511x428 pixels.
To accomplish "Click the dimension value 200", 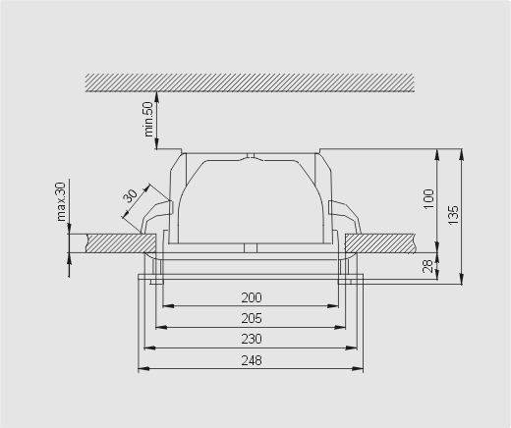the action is [252, 297].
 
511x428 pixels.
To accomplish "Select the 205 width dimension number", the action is [252, 318].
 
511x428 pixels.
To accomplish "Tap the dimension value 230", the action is [252, 339].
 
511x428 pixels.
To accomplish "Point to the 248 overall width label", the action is [252, 360].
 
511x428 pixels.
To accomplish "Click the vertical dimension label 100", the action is [428, 199].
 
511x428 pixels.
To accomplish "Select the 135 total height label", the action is [454, 215].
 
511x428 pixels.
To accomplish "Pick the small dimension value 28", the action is [428, 266].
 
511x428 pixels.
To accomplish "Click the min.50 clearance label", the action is [148, 119].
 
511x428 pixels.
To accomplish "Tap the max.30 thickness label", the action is [61, 201].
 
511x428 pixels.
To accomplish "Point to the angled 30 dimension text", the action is [131, 196].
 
